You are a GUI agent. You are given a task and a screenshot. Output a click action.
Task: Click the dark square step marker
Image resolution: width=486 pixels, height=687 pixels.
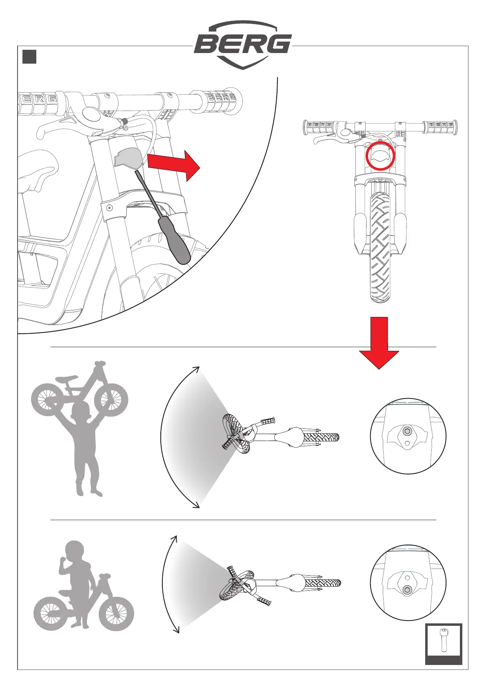[x=29, y=57]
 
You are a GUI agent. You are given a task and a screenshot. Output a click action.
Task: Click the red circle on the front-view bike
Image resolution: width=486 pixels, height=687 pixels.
[x=380, y=155]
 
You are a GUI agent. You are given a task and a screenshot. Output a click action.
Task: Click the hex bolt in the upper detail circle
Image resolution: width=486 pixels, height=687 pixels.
[x=407, y=431]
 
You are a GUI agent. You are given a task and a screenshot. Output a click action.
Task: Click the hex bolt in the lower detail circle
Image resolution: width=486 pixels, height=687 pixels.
[x=407, y=589]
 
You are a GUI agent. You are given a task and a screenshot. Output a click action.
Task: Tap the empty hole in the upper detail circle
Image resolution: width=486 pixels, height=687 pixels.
[x=407, y=443]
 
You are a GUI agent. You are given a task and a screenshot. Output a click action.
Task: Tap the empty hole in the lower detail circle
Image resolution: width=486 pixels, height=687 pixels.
[x=407, y=577]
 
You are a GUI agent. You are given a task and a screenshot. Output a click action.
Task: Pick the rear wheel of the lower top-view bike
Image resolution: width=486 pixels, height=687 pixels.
[x=323, y=583]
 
